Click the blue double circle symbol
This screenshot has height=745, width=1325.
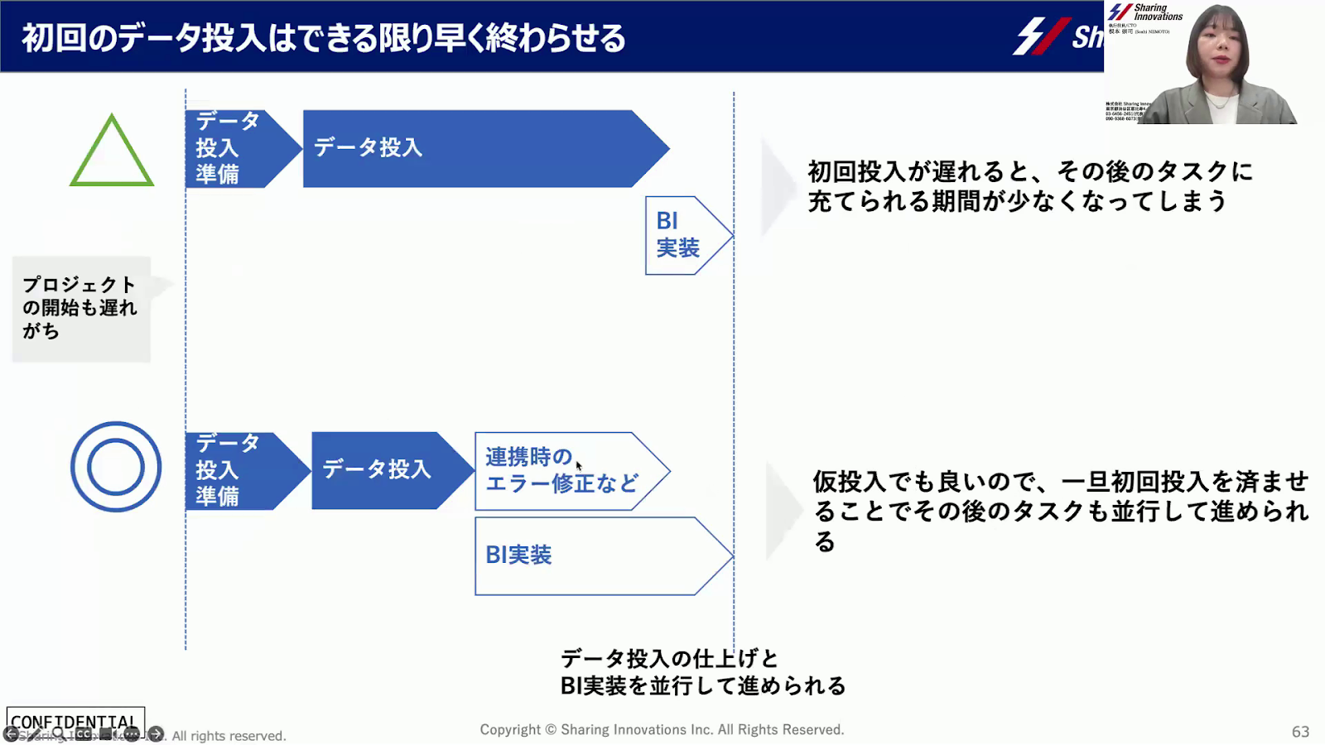coord(116,467)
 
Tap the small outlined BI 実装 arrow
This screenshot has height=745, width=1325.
coord(683,235)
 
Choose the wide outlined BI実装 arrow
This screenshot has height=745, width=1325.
coord(596,556)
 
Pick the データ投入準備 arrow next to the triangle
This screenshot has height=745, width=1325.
coord(236,149)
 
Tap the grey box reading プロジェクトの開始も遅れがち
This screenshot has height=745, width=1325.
coord(80,309)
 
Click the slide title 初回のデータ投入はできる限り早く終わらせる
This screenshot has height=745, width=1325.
coord(323,38)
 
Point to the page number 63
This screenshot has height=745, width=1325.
coord(1300,732)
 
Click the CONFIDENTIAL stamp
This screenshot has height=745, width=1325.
coord(75,722)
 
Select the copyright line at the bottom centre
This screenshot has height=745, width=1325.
coord(662,729)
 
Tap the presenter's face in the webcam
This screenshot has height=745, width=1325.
coord(1217,50)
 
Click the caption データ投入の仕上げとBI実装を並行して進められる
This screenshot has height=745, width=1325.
coord(702,672)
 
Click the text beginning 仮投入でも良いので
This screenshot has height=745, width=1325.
coord(1060,511)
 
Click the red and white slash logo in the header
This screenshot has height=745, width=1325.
coord(1042,36)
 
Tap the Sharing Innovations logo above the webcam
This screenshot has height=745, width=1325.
coord(1146,12)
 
